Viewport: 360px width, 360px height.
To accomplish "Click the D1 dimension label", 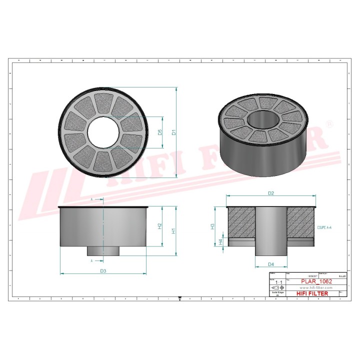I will pyautogui.click(x=174, y=132).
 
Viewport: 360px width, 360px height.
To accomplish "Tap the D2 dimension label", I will pyautogui.click(x=271, y=193).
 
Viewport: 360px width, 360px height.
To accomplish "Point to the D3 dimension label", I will pyautogui.click(x=103, y=270).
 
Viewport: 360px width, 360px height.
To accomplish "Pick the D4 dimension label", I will pyautogui.click(x=270, y=263).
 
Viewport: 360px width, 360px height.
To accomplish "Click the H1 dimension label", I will pyautogui.click(x=174, y=231).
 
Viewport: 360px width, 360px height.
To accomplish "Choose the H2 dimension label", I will pyautogui.click(x=160, y=225).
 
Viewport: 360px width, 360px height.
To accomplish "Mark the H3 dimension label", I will pyautogui.click(x=212, y=226).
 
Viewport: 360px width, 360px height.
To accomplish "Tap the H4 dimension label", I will pyautogui.click(x=221, y=242).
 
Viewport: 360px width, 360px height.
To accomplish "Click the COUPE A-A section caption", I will pyautogui.click(x=324, y=227).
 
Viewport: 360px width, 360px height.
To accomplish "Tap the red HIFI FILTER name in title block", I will pyautogui.click(x=312, y=293).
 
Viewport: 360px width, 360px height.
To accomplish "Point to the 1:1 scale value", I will pyautogui.click(x=278, y=282).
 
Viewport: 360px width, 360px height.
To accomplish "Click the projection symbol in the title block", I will pyautogui.click(x=278, y=288).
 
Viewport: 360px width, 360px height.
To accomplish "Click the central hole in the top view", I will pyautogui.click(x=103, y=132).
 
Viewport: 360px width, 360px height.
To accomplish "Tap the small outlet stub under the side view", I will pyautogui.click(x=103, y=251).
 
